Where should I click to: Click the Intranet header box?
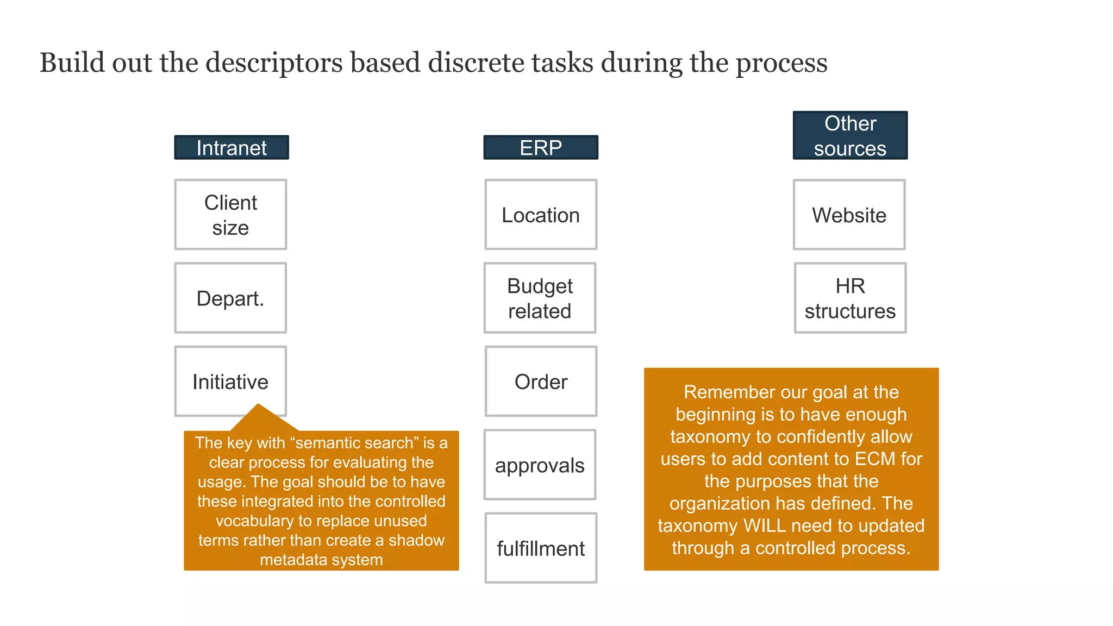(231, 148)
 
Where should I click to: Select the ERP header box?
(540, 148)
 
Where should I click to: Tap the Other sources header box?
(850, 136)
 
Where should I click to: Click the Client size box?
(230, 215)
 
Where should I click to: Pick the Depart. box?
(230, 298)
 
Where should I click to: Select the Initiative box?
(230, 381)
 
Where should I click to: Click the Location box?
(540, 215)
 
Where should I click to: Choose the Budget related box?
(540, 298)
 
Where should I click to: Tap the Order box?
(540, 381)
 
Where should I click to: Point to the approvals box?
(540, 465)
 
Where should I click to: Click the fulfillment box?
(540, 548)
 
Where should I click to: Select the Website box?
(849, 215)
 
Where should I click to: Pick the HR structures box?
(850, 298)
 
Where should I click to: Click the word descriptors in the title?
(274, 63)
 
